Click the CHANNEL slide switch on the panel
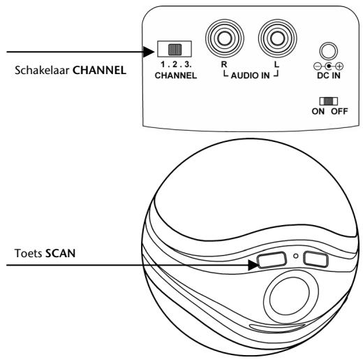point(170,50)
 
